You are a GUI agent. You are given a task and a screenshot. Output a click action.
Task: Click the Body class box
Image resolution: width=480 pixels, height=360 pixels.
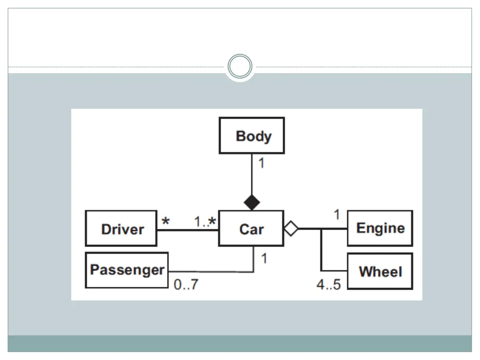click(x=252, y=135)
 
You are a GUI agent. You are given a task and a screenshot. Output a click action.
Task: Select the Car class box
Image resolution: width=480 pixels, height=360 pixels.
click(x=251, y=228)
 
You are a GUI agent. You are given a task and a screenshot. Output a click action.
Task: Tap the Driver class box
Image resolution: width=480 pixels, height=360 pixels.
click(x=121, y=228)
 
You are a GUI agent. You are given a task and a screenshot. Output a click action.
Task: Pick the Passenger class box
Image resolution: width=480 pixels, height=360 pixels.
click(x=127, y=270)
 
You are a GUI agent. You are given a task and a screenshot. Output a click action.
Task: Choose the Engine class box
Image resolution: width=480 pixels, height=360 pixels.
click(x=380, y=228)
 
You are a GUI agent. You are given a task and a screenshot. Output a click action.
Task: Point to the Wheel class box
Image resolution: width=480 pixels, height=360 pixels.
click(x=380, y=271)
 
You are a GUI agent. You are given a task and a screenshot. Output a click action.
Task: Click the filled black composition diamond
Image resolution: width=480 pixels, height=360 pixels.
click(x=252, y=202)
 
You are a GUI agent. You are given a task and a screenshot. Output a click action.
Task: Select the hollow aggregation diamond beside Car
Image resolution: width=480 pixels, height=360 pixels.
click(x=291, y=229)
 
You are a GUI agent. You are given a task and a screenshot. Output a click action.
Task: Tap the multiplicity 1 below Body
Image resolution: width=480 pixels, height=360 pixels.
click(x=261, y=164)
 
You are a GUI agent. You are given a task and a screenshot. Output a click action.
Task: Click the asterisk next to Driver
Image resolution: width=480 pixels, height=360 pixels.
click(x=165, y=220)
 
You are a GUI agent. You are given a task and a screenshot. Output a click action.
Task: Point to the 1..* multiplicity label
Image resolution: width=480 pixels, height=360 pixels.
click(x=205, y=221)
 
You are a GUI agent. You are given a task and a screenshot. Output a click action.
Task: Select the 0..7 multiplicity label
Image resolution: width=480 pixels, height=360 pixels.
click(x=186, y=285)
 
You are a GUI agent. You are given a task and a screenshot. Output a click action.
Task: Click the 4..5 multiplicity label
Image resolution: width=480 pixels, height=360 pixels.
click(x=329, y=285)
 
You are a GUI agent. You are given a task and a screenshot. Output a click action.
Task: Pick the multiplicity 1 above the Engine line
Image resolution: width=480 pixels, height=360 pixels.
click(x=337, y=215)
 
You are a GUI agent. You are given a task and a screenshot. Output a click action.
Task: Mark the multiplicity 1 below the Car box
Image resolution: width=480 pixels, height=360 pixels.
click(x=264, y=258)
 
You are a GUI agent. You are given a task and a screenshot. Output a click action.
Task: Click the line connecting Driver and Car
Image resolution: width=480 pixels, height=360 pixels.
click(x=187, y=230)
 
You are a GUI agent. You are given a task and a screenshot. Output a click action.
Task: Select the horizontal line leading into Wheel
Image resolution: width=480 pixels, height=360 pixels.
click(x=334, y=270)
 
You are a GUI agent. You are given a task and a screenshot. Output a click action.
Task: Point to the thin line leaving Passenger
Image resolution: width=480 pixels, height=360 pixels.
click(x=211, y=271)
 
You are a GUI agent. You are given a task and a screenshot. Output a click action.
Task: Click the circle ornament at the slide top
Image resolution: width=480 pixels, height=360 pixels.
click(x=240, y=67)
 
